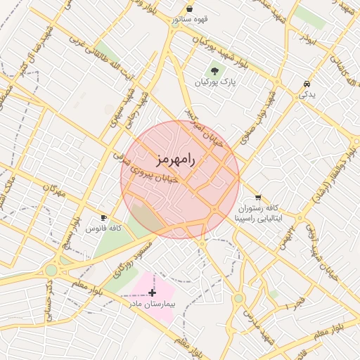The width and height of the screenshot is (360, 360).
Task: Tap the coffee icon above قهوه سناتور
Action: (x=190, y=8)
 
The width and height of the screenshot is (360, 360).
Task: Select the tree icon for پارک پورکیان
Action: (x=214, y=70)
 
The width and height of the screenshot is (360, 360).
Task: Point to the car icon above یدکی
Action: (x=307, y=84)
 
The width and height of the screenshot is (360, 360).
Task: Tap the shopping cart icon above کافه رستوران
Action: (x=259, y=198)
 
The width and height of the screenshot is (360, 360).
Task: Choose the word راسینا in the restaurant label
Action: (x=248, y=219)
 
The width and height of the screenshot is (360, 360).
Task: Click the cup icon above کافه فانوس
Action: (x=104, y=218)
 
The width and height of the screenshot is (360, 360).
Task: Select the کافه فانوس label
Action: (x=104, y=229)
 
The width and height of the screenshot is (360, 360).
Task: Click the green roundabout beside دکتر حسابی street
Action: (x=51, y=270)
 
